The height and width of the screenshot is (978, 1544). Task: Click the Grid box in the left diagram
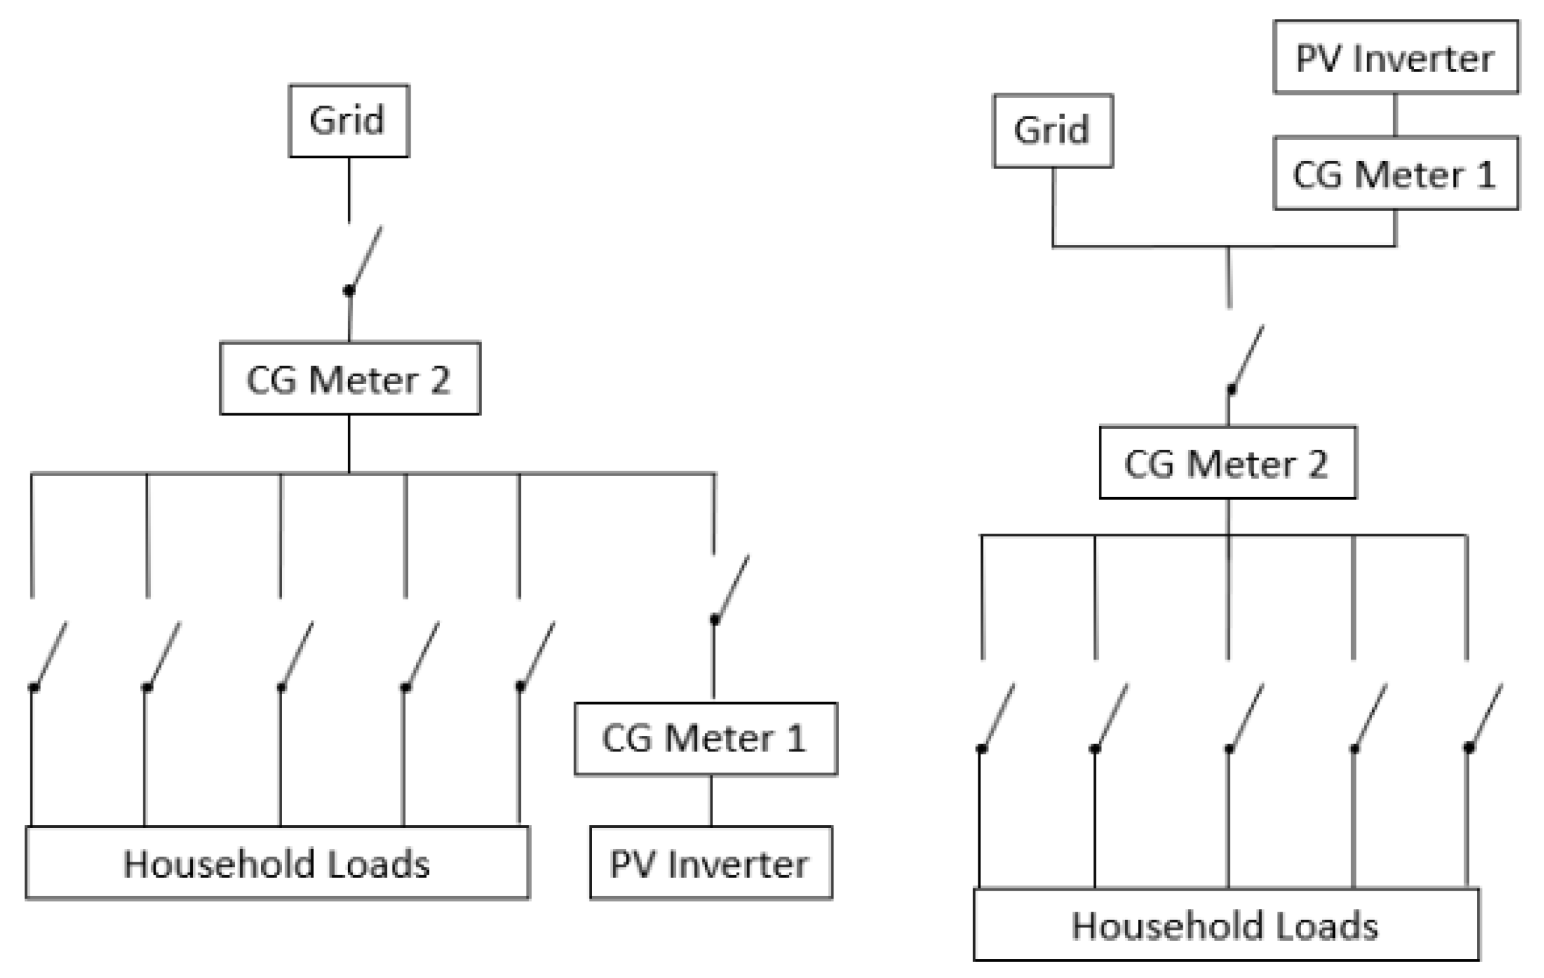click(348, 121)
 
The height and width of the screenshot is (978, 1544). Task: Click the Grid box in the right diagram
click(1053, 131)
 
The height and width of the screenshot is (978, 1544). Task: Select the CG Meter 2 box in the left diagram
click(350, 378)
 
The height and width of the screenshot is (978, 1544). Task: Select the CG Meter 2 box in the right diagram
click(1227, 463)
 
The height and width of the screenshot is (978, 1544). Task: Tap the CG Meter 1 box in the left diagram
click(706, 739)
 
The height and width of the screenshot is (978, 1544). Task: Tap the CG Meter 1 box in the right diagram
click(1395, 174)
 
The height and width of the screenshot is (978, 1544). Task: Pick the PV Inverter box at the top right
click(1395, 57)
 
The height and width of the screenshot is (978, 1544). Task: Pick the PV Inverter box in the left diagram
click(710, 863)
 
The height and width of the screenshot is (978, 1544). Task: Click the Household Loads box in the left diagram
click(277, 863)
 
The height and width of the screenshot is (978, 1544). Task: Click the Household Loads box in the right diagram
click(1225, 925)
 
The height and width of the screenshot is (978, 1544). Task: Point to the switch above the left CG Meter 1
click(731, 588)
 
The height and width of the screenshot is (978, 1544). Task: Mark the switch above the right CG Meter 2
click(1246, 358)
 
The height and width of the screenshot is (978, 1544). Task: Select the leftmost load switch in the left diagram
click(49, 655)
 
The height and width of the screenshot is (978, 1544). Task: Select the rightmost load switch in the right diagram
click(1484, 716)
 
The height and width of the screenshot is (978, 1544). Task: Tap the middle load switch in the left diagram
click(296, 655)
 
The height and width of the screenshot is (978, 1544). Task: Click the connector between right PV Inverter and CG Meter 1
click(1395, 114)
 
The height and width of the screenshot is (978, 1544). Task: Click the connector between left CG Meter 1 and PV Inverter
click(711, 800)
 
